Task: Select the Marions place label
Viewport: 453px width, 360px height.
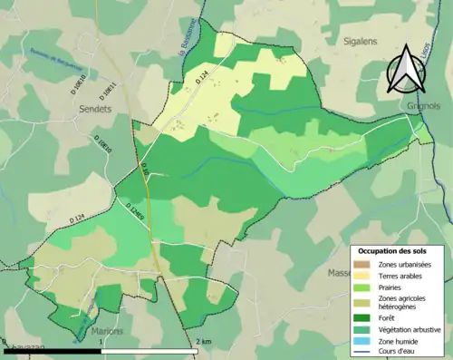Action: click(108, 332)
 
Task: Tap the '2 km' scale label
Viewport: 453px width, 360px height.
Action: click(202, 342)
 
